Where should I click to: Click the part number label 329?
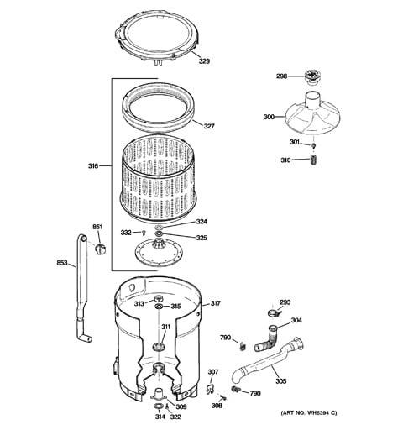204,60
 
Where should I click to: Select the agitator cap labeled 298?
312,77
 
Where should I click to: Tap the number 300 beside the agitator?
269,117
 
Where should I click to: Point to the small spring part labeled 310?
314,160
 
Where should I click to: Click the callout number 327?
209,126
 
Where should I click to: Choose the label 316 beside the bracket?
93,166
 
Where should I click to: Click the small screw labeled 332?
144,232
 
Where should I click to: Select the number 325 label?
201,238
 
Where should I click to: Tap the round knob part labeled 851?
100,249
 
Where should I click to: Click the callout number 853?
62,263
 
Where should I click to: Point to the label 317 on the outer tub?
215,303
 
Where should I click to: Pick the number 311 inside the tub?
165,327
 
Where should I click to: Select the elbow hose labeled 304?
267,338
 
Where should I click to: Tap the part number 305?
281,381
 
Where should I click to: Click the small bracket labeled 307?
210,389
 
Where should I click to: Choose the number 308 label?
217,406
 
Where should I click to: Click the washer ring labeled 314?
159,406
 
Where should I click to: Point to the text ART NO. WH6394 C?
309,413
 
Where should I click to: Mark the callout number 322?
175,417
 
